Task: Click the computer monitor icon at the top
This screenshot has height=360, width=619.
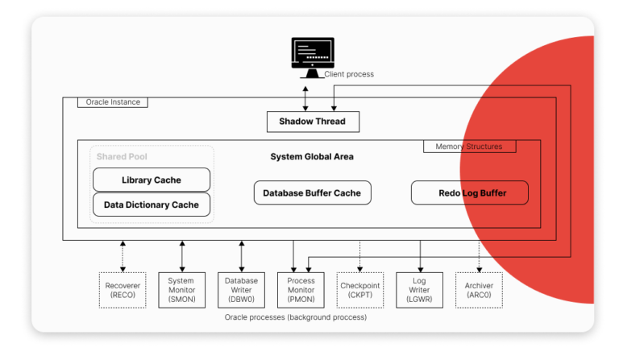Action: pos(311,56)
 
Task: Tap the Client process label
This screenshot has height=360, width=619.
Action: pos(348,75)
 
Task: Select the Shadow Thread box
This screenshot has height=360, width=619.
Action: pos(312,122)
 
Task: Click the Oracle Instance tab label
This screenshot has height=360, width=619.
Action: pos(113,102)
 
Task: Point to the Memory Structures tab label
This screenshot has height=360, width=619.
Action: pos(468,147)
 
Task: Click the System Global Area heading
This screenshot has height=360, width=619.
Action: pos(311,156)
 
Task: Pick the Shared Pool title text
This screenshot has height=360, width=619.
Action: pos(122,156)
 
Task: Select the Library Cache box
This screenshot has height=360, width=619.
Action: pos(152,180)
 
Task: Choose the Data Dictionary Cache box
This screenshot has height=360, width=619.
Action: pos(152,205)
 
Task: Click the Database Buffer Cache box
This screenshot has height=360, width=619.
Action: pos(311,192)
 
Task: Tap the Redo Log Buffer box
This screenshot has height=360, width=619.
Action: pos(470,192)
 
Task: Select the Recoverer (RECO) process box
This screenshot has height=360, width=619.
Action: pos(123,290)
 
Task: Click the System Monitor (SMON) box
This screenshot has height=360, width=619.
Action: pos(181,290)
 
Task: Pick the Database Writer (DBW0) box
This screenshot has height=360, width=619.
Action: pos(241,290)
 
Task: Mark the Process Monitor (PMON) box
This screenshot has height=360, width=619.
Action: pos(301,290)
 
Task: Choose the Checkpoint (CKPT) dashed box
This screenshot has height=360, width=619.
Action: pos(359,290)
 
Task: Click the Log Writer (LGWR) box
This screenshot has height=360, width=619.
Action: pos(419,290)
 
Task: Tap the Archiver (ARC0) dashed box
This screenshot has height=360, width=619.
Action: pos(479,290)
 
